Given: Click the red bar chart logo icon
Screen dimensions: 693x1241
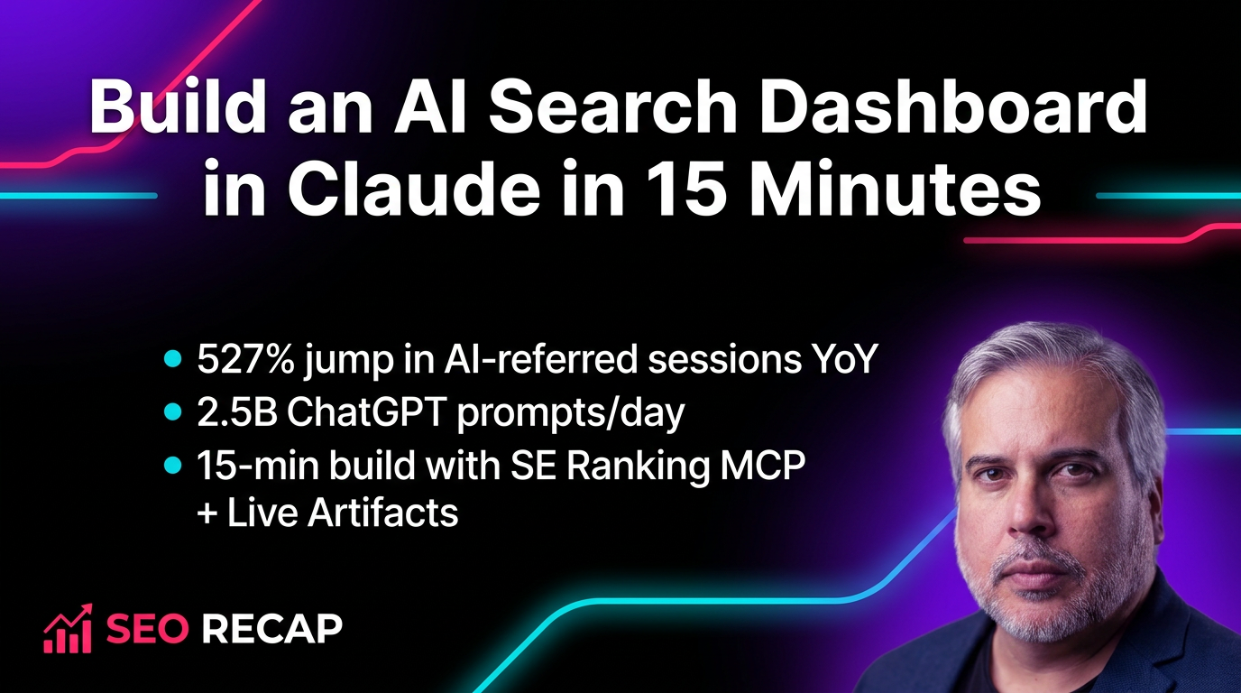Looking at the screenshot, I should pyautogui.click(x=67, y=629).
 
